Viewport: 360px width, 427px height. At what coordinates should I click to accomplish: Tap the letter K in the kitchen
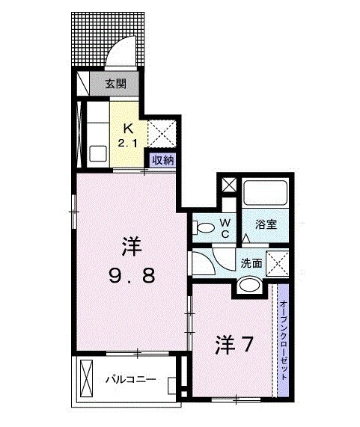[128, 127]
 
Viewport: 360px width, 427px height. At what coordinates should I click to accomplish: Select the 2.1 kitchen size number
[127, 142]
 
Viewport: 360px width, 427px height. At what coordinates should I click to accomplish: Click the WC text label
[224, 227]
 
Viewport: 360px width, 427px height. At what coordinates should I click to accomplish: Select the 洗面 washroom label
[251, 262]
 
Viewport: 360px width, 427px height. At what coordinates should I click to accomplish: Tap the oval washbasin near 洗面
[249, 285]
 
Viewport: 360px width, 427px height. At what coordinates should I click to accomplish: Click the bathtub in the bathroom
[266, 193]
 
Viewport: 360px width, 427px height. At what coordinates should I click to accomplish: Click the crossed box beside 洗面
[278, 263]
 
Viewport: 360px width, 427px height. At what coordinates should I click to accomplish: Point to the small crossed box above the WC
[227, 184]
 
